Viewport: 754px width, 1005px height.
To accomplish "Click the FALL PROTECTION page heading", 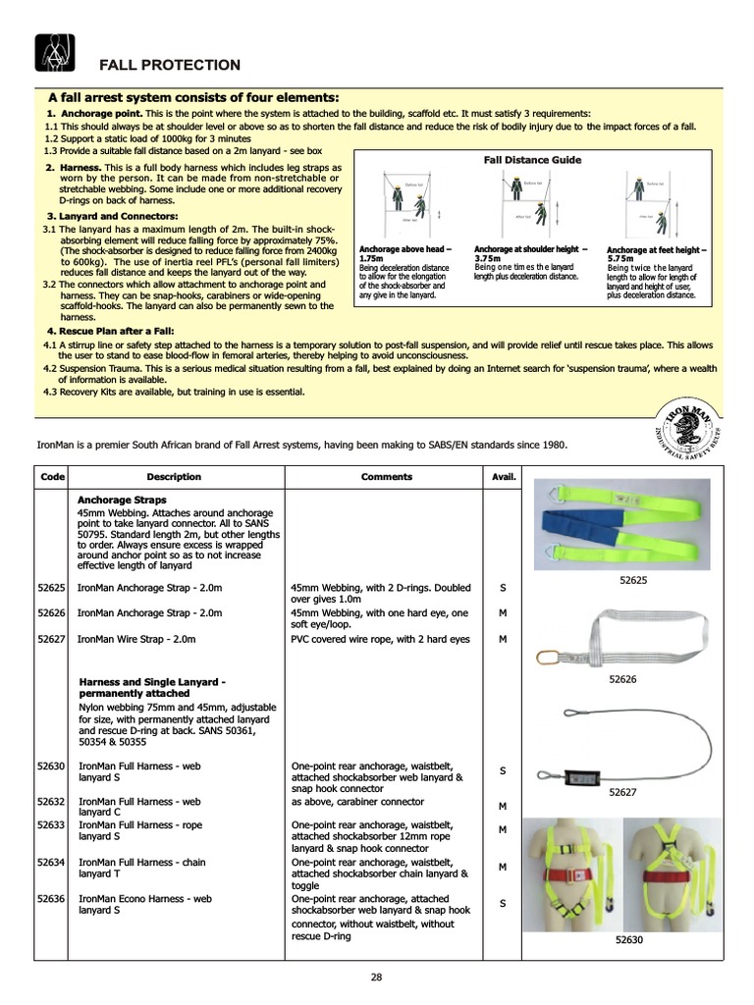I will pyautogui.click(x=169, y=66).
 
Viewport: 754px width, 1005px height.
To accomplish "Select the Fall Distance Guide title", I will pyautogui.click(x=532, y=160).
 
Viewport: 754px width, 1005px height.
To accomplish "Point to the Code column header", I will pyautogui.click(x=52, y=477).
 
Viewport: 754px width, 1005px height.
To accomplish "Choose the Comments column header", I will pyautogui.click(x=387, y=477).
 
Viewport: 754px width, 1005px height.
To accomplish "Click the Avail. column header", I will pyautogui.click(x=504, y=477).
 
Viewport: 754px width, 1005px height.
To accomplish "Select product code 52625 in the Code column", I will pyautogui.click(x=51, y=588).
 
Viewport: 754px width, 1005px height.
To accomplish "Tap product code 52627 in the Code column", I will pyautogui.click(x=51, y=639).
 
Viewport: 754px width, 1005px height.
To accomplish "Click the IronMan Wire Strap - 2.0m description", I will pyautogui.click(x=136, y=639).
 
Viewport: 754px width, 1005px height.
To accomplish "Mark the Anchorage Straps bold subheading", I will pyautogui.click(x=122, y=500).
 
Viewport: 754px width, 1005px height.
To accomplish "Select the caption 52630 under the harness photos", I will pyautogui.click(x=629, y=939).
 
